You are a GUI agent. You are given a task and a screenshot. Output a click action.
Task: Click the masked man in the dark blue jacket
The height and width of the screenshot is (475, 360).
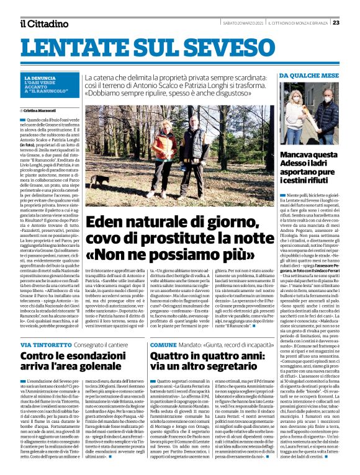pyautogui.click(x=326, y=115)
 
